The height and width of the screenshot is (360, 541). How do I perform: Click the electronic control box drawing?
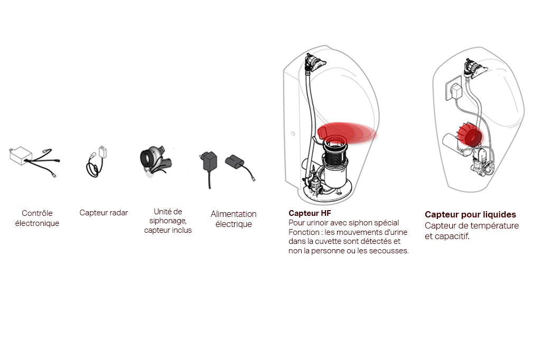[x=21, y=156]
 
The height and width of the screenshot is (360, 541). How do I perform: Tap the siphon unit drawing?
[x=155, y=162]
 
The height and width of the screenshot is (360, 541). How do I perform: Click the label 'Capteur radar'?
[x=104, y=213]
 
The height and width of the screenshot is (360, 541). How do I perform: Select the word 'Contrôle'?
[x=37, y=213]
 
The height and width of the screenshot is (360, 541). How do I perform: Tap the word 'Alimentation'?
[x=234, y=214]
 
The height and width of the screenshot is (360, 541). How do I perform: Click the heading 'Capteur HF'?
[x=310, y=213]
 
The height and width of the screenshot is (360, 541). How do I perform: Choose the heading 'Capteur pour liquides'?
[x=470, y=214]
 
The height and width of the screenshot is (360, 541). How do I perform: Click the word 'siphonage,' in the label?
[x=167, y=221]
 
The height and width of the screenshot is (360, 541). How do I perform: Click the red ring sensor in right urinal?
[x=470, y=135]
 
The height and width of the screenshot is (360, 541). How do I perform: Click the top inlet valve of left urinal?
[x=315, y=62]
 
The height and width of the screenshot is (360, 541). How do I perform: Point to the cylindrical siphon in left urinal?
[x=334, y=166]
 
